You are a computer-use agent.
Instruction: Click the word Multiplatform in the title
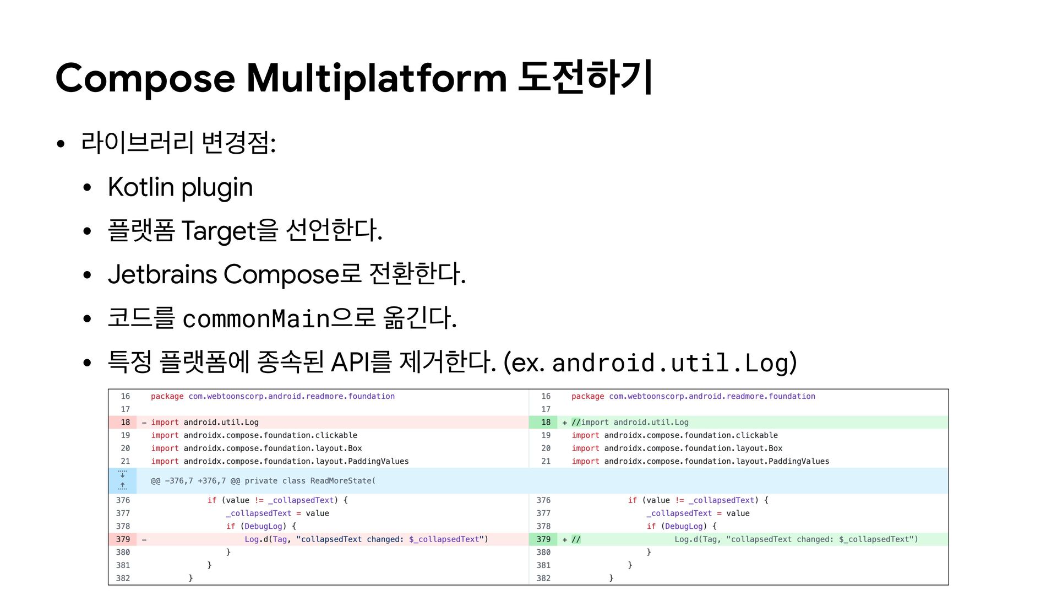(377, 78)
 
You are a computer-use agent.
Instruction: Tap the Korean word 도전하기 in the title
(585, 77)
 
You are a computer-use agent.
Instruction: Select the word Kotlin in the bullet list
(141, 187)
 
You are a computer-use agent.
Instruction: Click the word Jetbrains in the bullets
(162, 274)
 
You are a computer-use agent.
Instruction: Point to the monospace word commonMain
(256, 319)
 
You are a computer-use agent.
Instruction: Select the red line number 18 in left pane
(126, 423)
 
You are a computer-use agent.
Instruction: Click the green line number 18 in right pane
(546, 423)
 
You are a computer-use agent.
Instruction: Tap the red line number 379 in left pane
(123, 539)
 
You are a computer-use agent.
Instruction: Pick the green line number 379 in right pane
(543, 539)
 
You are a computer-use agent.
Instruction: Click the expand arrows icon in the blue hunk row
(122, 480)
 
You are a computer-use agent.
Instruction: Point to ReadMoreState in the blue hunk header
(341, 481)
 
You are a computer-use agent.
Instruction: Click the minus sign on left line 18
(144, 423)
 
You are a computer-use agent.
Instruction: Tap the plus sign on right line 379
(565, 540)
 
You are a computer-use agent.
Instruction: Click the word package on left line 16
(167, 397)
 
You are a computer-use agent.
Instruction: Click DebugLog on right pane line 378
(683, 527)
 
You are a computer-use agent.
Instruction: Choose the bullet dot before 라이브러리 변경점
(61, 144)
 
